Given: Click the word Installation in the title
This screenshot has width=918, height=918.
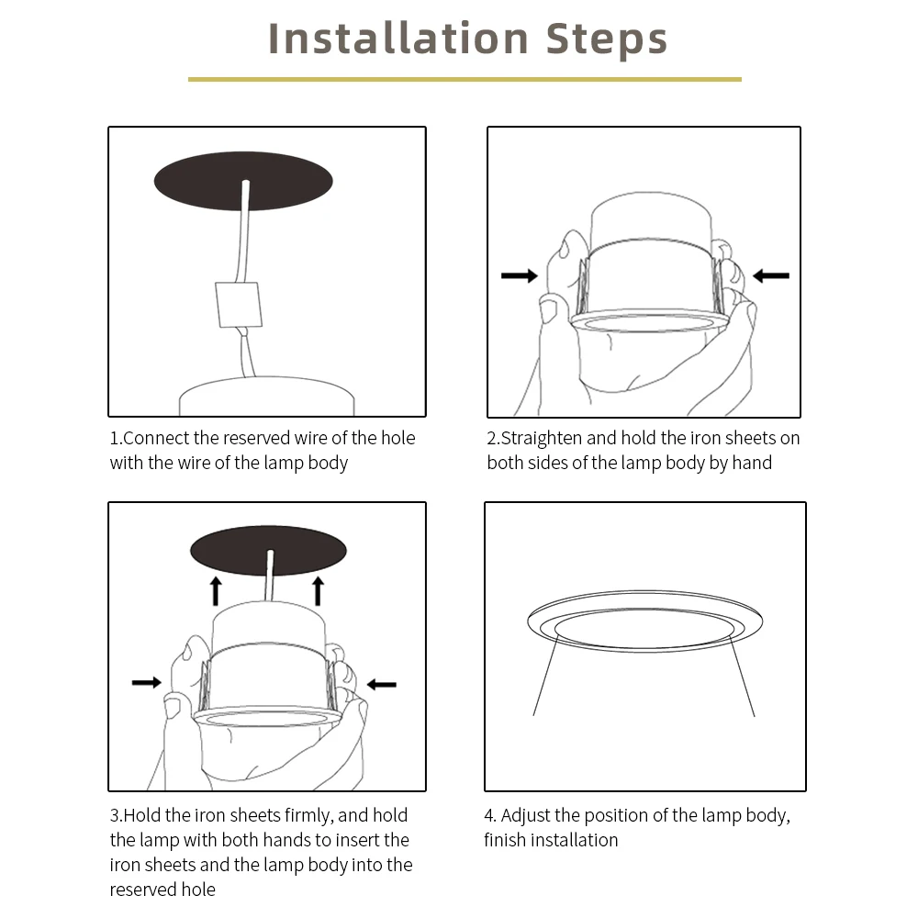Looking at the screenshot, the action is click(398, 39).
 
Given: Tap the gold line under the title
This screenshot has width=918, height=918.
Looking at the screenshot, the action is click(465, 79).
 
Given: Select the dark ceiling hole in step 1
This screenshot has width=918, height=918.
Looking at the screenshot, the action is click(243, 181).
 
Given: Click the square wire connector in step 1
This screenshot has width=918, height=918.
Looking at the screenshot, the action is click(239, 305).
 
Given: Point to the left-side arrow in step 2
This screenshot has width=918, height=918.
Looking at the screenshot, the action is click(520, 275).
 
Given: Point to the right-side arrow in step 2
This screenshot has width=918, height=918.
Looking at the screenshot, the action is click(770, 275).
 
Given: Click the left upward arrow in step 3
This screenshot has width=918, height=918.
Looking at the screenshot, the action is click(216, 591).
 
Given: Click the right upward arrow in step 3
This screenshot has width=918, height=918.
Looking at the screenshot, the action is click(318, 591).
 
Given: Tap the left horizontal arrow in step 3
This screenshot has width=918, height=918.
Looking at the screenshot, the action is click(147, 682).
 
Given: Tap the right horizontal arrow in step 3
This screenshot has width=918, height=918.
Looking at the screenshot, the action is click(382, 684).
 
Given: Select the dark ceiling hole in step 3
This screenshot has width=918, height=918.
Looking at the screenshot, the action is click(268, 550).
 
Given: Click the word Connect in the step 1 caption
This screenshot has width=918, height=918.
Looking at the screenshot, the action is click(157, 438).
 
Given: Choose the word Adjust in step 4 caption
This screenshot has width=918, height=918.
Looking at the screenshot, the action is click(525, 815).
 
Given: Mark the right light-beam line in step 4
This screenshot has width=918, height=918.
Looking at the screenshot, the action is click(742, 676).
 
